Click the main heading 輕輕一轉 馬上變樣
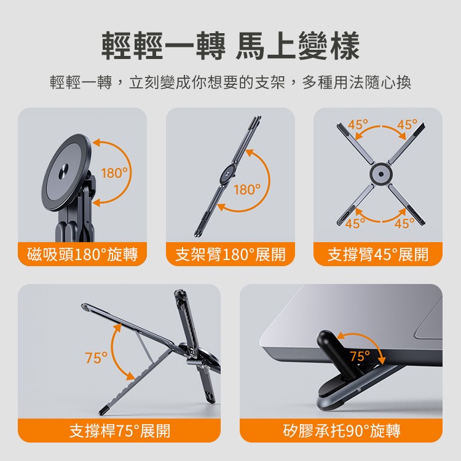tap(230, 47)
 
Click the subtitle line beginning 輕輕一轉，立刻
tap(230, 82)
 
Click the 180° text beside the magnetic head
tap(116, 173)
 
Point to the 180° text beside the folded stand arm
tap(247, 189)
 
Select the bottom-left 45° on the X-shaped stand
tap(356, 223)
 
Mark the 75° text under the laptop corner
tap(360, 356)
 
